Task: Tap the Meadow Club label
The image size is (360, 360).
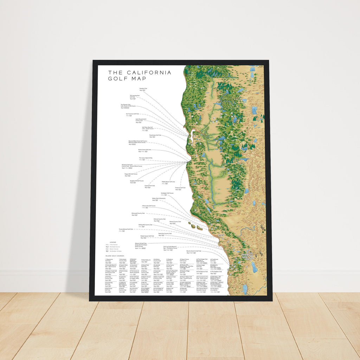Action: pyautogui.click(x=143, y=89)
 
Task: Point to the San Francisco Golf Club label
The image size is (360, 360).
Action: pyautogui.click(x=133, y=114)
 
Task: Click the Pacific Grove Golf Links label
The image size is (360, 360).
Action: pyautogui.click(x=144, y=150)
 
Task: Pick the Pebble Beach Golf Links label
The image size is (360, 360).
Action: pyautogui.click(x=168, y=182)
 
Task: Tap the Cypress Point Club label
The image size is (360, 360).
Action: pyautogui.click(x=149, y=186)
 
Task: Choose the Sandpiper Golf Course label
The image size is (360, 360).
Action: pyautogui.click(x=167, y=193)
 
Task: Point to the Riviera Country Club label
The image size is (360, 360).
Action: pyautogui.click(x=175, y=222)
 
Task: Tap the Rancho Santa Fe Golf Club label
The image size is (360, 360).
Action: pyautogui.click(x=194, y=251)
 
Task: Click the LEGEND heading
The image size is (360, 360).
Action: pyautogui.click(x=113, y=242)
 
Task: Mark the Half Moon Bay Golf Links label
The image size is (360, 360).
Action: pyautogui.click(x=148, y=128)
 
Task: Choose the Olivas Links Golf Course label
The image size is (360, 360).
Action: pyautogui.click(x=149, y=206)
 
